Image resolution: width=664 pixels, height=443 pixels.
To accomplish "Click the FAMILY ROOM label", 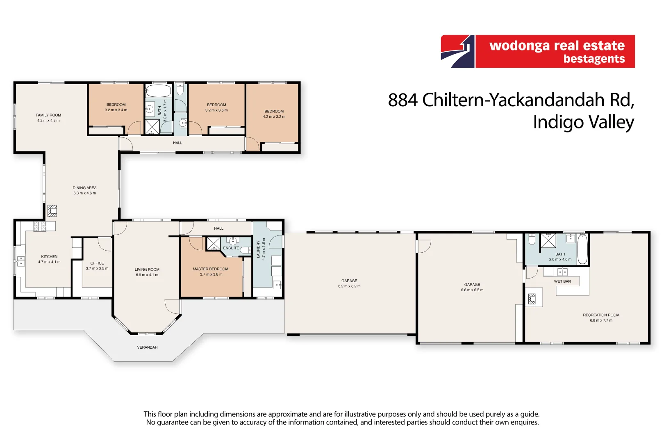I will coord(48,115).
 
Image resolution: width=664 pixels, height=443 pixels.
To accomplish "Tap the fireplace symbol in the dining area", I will coord(52,211).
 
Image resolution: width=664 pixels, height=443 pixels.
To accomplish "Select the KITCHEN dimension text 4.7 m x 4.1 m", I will coord(49,262).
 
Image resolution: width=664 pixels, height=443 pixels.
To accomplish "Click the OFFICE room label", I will coord(97,263).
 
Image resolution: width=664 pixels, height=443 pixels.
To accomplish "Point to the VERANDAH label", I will coord(147,347).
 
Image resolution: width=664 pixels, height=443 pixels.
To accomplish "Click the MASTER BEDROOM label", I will coord(211,269).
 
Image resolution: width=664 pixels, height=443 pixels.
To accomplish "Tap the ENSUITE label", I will coord(231,248).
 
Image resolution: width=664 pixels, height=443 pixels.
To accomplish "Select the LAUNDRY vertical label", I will coord(258,249).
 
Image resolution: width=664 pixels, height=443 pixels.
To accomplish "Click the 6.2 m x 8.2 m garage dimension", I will coord(349,286).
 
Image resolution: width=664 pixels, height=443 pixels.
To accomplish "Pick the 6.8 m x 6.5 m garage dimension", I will coord(472,290).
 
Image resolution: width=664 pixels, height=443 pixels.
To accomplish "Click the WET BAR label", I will coord(562,281).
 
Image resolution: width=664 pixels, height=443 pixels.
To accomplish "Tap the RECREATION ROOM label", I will coord(601,315).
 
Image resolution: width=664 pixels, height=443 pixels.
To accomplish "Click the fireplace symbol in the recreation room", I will coord(532,299).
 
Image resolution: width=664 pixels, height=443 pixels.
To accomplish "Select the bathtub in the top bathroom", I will coord(158,91).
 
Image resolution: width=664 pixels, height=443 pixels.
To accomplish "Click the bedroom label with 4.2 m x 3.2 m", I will coord(274,111).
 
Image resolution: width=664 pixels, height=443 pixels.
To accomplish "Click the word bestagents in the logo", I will coord(594,59).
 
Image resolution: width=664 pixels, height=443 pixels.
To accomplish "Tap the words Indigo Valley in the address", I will coord(583,122).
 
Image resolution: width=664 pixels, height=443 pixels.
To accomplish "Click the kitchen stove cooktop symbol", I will coord(39,226).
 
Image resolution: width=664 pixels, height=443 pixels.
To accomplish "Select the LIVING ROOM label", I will coord(147,269).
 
